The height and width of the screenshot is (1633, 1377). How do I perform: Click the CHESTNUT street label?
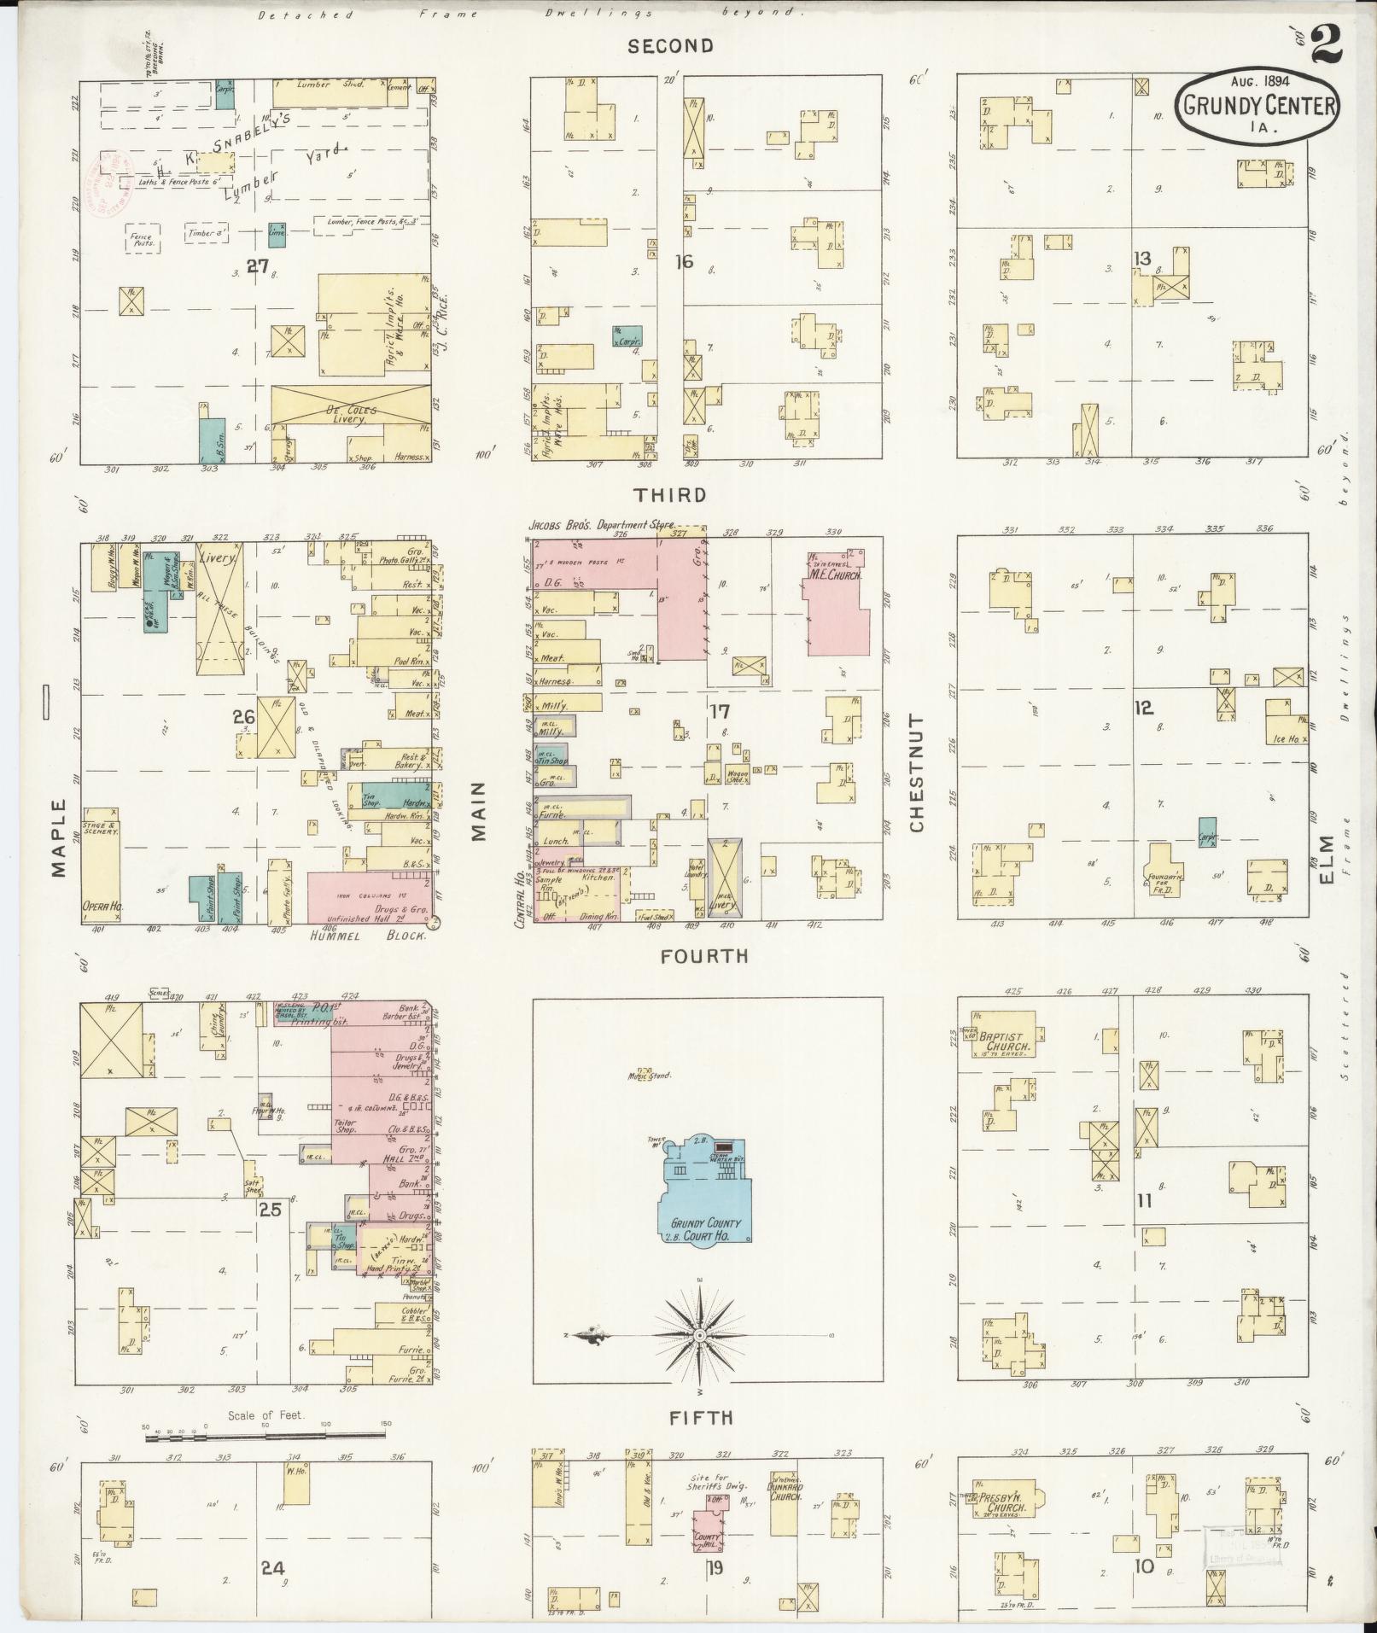(918, 774)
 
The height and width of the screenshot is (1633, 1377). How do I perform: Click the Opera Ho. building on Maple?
(102, 866)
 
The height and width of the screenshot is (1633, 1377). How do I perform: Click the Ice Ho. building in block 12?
(1287, 724)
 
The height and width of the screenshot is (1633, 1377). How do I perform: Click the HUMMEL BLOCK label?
(353, 936)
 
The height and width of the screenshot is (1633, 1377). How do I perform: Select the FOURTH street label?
(704, 957)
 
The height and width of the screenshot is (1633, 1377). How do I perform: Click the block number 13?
(1142, 259)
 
